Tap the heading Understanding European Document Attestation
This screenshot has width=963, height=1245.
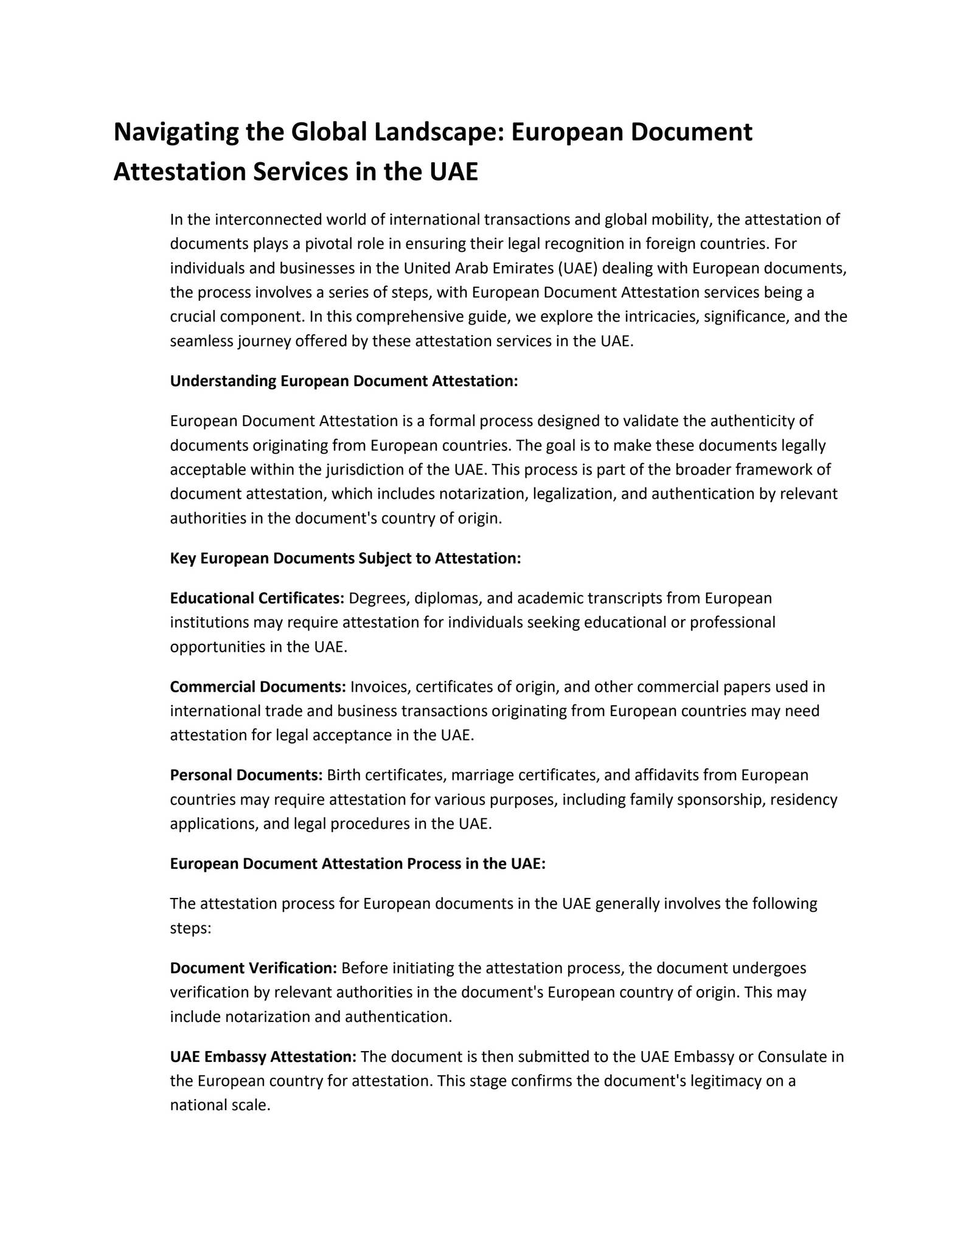click(344, 381)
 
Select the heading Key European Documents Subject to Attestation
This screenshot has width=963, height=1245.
click(345, 558)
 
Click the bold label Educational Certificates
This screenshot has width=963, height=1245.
click(257, 598)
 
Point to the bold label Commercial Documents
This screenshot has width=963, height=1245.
click(257, 687)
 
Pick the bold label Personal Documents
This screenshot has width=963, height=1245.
click(246, 775)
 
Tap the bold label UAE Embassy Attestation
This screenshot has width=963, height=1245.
click(263, 1057)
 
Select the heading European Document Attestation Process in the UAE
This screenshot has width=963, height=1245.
click(358, 864)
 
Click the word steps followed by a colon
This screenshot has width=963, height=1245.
click(190, 928)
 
